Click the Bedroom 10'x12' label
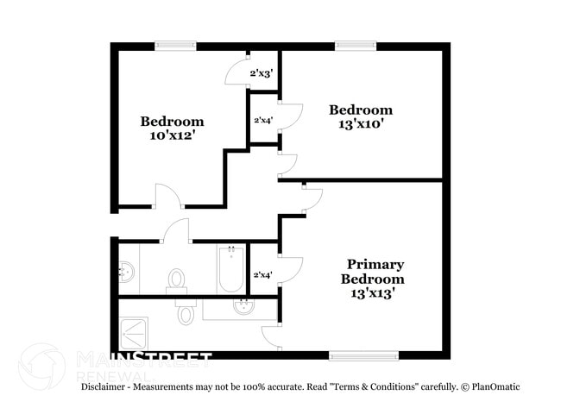click(x=173, y=128)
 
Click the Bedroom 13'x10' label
click(x=361, y=116)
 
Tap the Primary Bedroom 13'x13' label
click(x=375, y=279)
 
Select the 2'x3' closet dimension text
click(x=262, y=74)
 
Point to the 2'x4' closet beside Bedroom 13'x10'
click(x=263, y=121)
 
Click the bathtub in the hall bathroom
click(x=230, y=271)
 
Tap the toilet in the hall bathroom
click(x=177, y=279)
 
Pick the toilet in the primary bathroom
click(x=186, y=311)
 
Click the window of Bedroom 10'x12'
click(x=175, y=46)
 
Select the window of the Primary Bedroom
click(x=363, y=355)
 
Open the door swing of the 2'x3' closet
click(x=236, y=76)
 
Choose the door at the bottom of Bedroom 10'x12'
click(x=169, y=197)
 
